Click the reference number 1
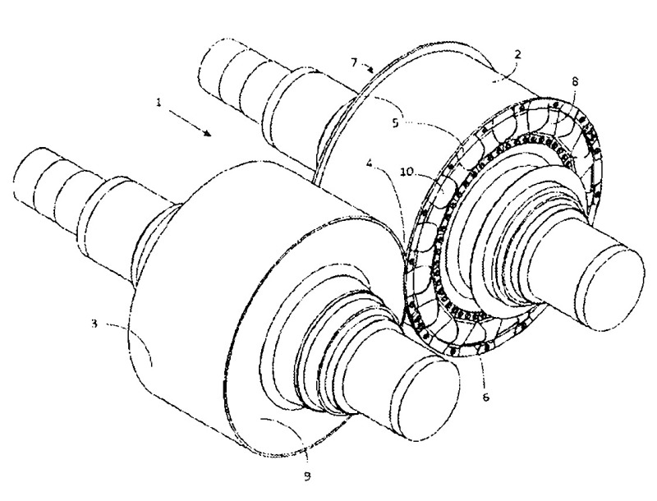[159, 102]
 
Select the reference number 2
[518, 54]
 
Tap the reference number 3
[95, 324]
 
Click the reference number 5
[396, 124]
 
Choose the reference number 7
[354, 62]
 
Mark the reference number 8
[574, 81]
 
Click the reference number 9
[307, 476]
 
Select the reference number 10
[407, 172]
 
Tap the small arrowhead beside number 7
[370, 69]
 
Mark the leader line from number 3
[130, 338]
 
